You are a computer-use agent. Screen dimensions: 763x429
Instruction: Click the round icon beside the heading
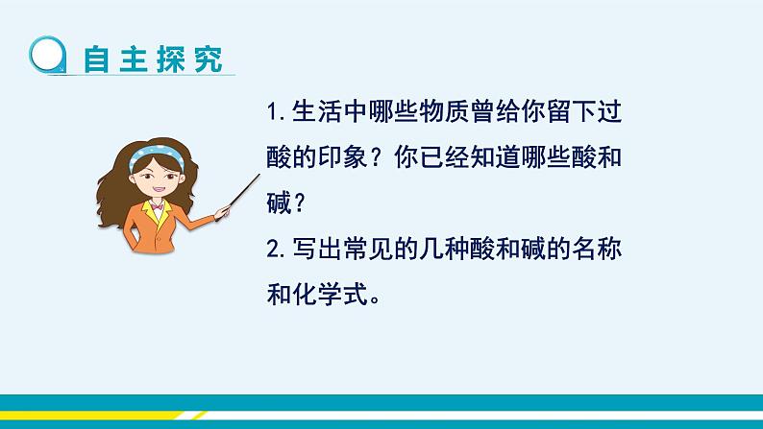pyautogui.click(x=47, y=55)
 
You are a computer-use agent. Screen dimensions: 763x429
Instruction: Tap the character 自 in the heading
pyautogui.click(x=96, y=60)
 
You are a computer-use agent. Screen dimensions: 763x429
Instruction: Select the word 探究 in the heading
pyautogui.click(x=189, y=60)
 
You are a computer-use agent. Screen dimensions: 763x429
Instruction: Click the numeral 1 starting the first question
pyautogui.click(x=272, y=112)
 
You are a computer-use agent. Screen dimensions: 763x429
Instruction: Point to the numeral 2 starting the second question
pyautogui.click(x=273, y=250)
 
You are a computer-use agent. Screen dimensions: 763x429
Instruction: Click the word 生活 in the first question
pyautogui.click(x=317, y=111)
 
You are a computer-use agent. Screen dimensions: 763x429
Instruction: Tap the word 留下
pyautogui.click(x=571, y=111)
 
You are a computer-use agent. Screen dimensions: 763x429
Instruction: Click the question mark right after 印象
pyautogui.click(x=376, y=157)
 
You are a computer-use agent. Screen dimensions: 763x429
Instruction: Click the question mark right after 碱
pyautogui.click(x=299, y=203)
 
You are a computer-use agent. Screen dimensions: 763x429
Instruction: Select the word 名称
pyautogui.click(x=597, y=249)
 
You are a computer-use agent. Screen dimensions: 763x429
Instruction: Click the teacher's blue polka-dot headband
pyautogui.click(x=156, y=155)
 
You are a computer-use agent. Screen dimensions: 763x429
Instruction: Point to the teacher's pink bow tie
pyautogui.click(x=157, y=206)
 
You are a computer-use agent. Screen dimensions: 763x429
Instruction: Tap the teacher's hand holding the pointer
pyautogui.click(x=222, y=212)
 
